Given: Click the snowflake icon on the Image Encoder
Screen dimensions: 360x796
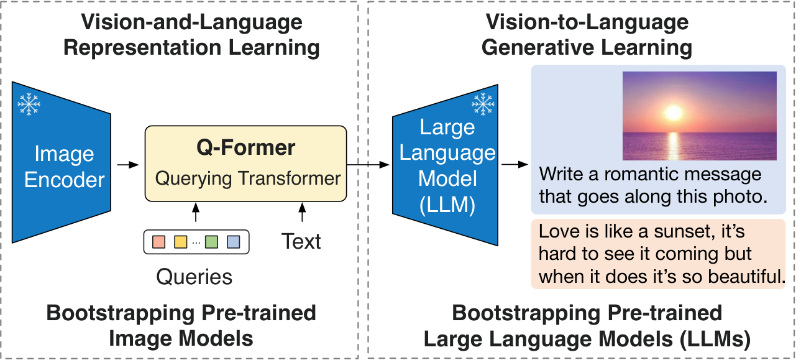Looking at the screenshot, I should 29,104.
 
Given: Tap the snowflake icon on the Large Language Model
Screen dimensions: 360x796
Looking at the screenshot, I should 483,104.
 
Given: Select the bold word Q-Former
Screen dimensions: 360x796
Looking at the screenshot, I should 246,148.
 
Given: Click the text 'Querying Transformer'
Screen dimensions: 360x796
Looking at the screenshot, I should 248,178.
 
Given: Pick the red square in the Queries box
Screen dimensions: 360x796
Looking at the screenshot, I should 159,241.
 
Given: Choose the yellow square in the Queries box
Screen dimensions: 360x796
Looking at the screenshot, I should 181,241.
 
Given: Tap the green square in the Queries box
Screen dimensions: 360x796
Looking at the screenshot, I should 212,241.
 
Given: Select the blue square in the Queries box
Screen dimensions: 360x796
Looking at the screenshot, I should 234,241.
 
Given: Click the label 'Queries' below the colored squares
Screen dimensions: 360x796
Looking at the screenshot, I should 194,277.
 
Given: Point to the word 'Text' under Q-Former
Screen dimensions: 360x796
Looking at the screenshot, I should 301,241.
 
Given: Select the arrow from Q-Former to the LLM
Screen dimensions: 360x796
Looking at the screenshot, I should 368,165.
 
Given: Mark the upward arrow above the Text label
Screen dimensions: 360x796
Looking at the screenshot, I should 303,212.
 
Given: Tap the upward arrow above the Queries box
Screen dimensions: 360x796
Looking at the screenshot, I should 196,212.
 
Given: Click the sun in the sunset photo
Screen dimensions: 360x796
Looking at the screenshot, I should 673,113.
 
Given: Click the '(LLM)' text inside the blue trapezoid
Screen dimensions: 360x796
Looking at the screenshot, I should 447,205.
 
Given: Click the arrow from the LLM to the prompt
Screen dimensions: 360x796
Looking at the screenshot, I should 511,165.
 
